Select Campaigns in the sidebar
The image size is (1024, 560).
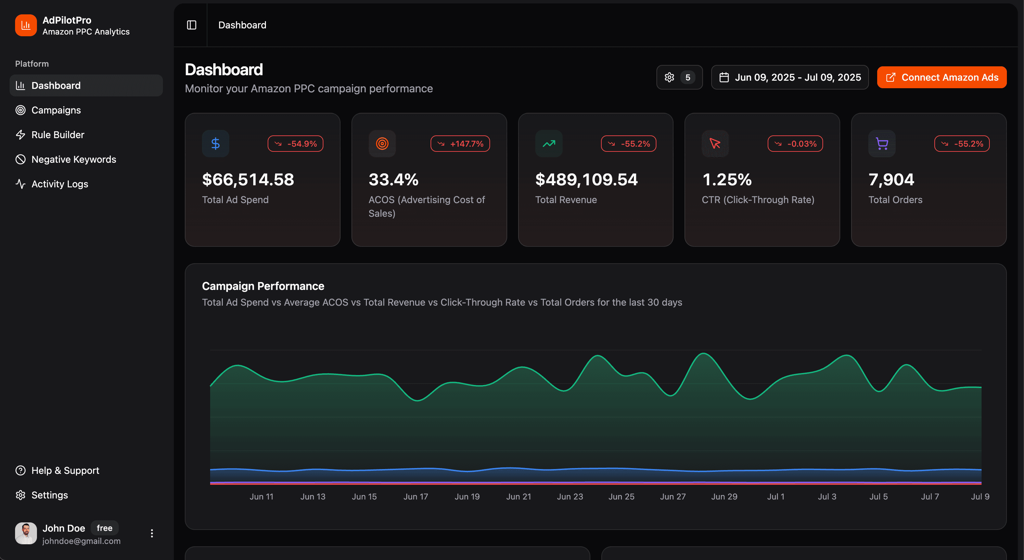56,110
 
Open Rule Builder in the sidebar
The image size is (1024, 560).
57,135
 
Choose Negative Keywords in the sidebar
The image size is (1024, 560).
74,159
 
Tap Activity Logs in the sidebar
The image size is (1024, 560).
60,184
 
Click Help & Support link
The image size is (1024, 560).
65,470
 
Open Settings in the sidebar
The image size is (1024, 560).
49,495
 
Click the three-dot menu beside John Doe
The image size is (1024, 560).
152,533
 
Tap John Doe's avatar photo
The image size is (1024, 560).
26,533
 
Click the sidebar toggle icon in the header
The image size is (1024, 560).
192,25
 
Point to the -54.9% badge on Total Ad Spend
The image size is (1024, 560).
295,144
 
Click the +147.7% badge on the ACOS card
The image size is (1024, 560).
460,144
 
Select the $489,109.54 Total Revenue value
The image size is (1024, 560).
586,179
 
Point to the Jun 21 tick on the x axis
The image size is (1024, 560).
519,496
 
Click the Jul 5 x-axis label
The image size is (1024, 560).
878,496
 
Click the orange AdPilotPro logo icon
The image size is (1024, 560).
26,25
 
